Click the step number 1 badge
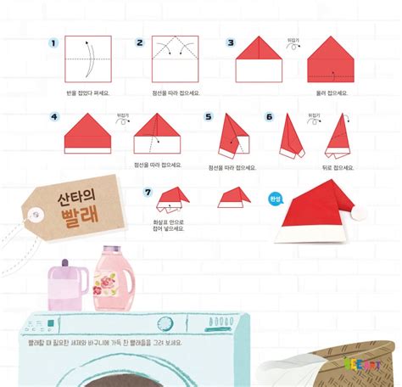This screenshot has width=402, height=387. [x=53, y=43]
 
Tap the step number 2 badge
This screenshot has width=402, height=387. [x=140, y=42]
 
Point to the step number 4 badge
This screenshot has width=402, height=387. [x=54, y=117]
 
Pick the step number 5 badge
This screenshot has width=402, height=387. [x=209, y=117]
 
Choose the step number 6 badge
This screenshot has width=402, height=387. [x=270, y=117]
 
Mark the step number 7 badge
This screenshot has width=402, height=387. [x=148, y=192]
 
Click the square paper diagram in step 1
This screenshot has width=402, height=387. [x=88, y=59]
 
